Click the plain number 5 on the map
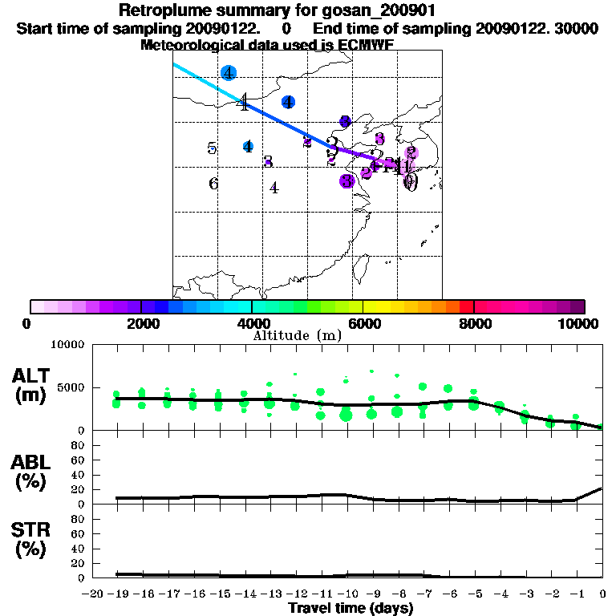(212, 148)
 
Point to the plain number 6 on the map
(213, 184)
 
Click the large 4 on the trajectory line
(244, 102)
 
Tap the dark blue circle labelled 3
(345, 121)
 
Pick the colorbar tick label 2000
(140, 324)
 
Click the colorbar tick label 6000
(363, 324)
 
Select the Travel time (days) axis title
(351, 608)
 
